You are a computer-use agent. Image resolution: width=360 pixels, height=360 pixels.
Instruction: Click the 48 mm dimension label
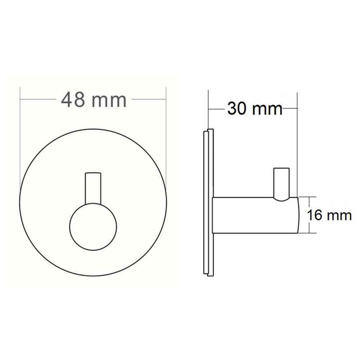tap(94, 100)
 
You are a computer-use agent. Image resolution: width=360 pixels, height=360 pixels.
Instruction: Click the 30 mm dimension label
tap(255, 109)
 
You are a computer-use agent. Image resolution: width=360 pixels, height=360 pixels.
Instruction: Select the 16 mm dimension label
tap(329, 215)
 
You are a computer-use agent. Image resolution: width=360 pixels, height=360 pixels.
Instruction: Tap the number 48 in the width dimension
tap(73, 100)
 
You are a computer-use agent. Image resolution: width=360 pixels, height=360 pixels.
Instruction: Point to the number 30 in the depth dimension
tap(237, 109)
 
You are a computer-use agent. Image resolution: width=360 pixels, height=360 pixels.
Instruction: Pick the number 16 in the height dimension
tap(314, 215)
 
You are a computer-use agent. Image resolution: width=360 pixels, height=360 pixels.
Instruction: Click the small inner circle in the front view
tap(93, 226)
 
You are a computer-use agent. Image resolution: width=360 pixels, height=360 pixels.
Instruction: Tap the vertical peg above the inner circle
tap(93, 188)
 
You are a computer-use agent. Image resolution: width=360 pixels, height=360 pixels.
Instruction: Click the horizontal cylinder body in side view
tap(255, 215)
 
